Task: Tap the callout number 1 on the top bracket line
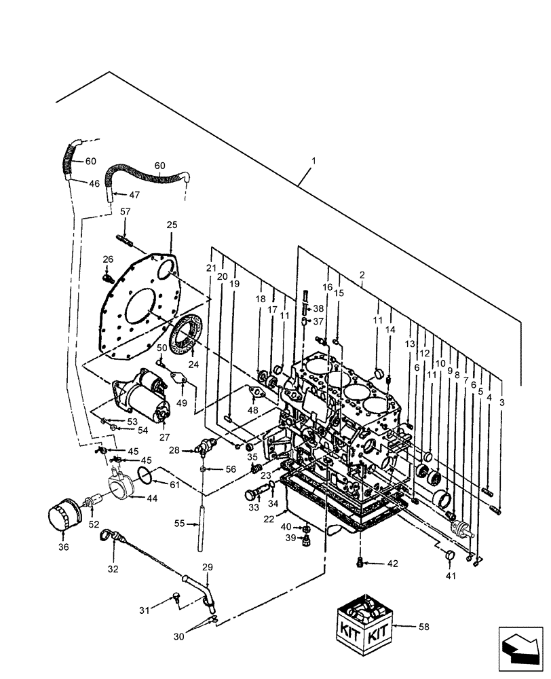(x=313, y=162)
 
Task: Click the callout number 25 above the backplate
(x=171, y=225)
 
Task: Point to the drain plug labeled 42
(x=360, y=561)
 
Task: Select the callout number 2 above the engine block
(x=362, y=275)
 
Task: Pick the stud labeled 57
(x=126, y=240)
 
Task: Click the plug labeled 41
(x=448, y=557)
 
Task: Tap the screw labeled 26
(x=107, y=278)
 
